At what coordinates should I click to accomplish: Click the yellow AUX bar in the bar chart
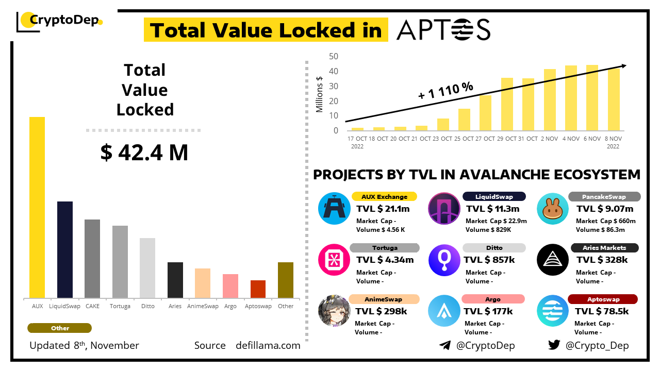click(37, 207)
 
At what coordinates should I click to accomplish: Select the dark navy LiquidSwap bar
click(65, 249)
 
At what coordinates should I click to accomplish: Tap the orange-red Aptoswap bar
click(258, 289)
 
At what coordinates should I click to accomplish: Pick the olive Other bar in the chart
click(286, 280)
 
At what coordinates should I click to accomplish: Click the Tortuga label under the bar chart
click(120, 306)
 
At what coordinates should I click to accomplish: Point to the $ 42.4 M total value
click(144, 153)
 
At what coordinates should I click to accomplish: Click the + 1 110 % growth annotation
click(446, 91)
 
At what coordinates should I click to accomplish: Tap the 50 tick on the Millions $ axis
click(334, 56)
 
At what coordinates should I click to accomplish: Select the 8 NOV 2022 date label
click(613, 142)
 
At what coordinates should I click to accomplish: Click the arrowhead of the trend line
click(624, 65)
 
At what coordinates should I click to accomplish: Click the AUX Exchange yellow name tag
click(384, 196)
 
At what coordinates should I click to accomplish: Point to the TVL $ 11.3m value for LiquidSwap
click(492, 209)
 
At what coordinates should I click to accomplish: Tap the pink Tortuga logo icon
click(334, 260)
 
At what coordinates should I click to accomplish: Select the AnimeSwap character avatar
click(334, 311)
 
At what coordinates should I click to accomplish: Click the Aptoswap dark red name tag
click(603, 299)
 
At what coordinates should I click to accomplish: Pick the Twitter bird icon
click(554, 345)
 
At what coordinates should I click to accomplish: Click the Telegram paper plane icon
click(445, 345)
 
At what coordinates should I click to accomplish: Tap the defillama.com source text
click(268, 345)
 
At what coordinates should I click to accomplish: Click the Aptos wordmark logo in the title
click(443, 30)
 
